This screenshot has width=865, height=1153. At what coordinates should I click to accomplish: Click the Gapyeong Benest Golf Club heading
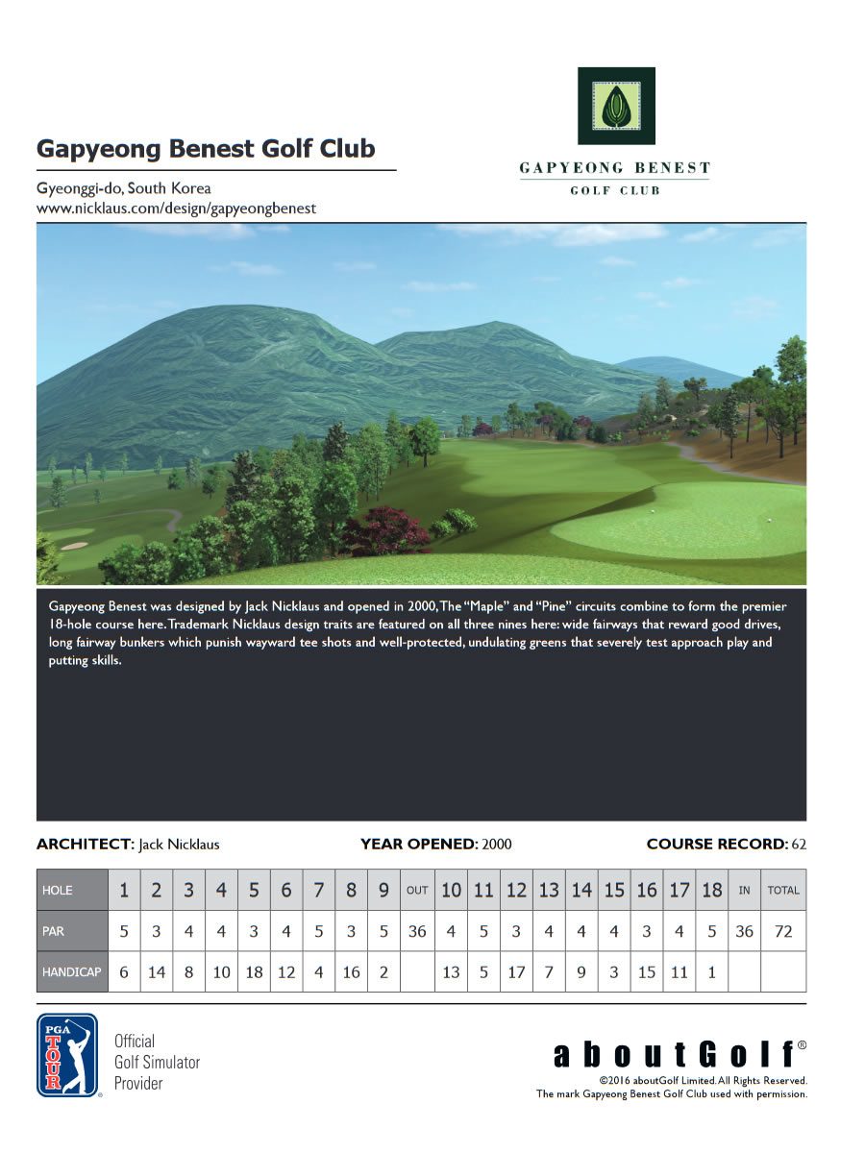pos(206,150)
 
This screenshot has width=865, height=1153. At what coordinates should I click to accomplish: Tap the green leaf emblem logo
pos(616,106)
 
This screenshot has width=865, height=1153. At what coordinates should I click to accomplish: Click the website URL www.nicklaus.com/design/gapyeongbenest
pos(176,208)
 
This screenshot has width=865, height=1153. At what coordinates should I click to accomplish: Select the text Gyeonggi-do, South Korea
pos(123,188)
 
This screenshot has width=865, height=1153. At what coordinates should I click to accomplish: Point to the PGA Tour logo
pos(67,1055)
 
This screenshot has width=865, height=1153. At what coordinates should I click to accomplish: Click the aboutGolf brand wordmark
pos(679,1054)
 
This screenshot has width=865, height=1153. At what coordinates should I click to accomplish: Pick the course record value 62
pos(798,845)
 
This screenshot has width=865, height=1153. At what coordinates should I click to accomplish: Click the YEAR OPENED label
pos(418,845)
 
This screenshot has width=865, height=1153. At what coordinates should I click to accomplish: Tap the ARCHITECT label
pos(85,845)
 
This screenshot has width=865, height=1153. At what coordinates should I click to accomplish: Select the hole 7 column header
pos(319,891)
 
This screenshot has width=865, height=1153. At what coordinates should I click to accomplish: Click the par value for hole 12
pos(516,931)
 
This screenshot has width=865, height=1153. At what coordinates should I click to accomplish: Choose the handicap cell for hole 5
pos(254,972)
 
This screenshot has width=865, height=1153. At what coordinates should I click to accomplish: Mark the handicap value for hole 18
pos(711,972)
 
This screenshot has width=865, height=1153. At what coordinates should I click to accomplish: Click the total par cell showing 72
pos(783,931)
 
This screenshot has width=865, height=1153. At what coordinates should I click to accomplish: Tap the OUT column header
pos(417,891)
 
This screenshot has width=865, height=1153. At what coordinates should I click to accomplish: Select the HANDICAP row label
pos(71,972)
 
